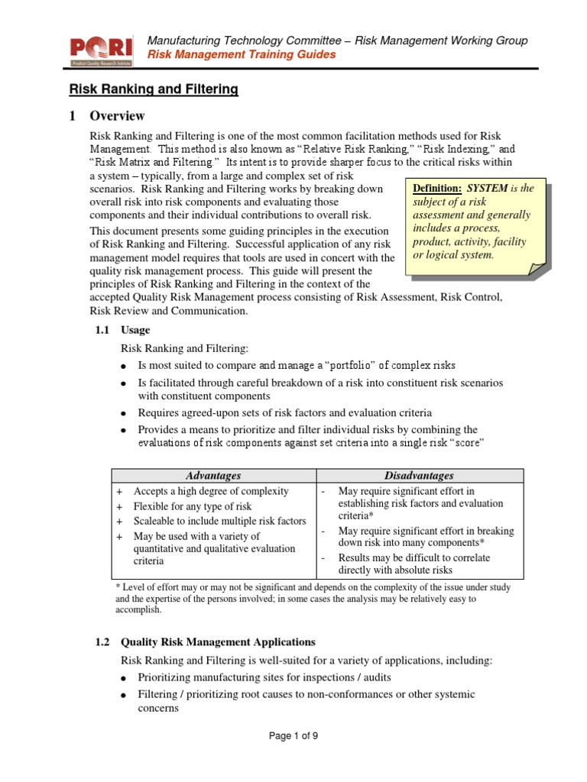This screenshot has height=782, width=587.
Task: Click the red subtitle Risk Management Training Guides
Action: (241, 55)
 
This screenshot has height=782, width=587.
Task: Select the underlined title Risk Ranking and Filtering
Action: (154, 90)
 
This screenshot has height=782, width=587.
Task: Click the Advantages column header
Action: (214, 476)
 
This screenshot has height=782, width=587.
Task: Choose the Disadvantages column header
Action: (420, 476)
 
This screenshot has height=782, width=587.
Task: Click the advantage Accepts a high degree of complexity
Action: (211, 491)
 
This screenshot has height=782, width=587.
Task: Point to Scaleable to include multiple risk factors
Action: (219, 521)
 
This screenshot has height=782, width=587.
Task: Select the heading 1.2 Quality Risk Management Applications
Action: (204, 642)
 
